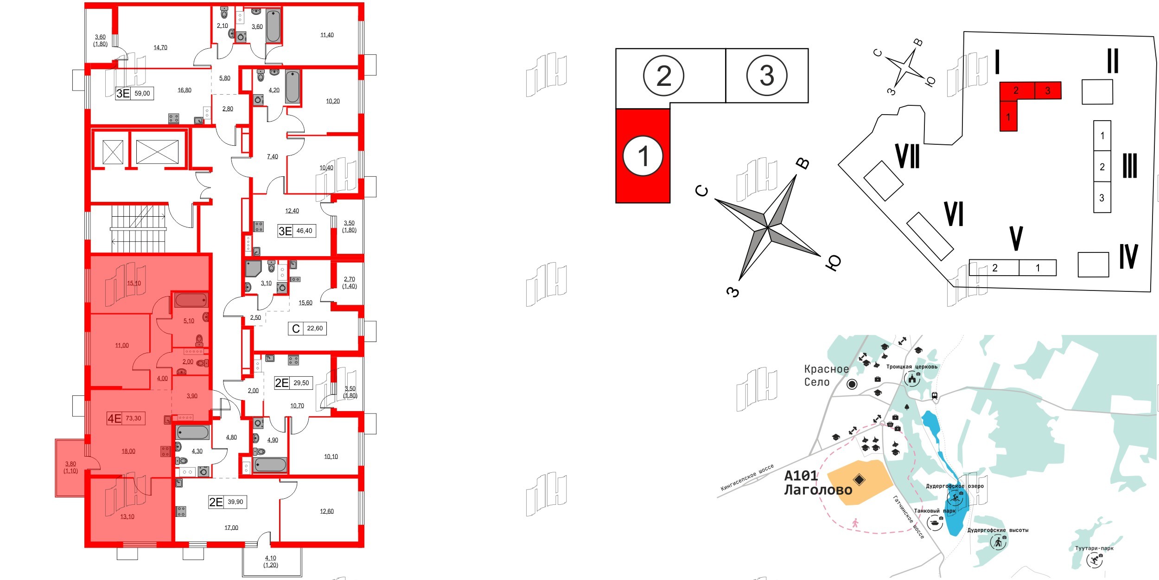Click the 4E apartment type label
[x=114, y=419]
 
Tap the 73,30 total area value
[x=134, y=419]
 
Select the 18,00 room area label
[x=128, y=451]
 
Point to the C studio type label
[x=296, y=329]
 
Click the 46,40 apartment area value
[x=304, y=231]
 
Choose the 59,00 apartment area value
[x=142, y=93]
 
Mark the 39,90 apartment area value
[x=236, y=502]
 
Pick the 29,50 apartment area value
[x=301, y=383]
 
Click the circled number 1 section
[x=643, y=156]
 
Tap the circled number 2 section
[x=663, y=76]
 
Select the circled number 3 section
[x=767, y=76]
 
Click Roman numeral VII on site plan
[x=907, y=156]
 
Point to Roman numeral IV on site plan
[x=1128, y=257]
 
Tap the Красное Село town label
[x=826, y=375]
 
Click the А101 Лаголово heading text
[x=818, y=483]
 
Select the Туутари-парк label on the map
[x=1094, y=548]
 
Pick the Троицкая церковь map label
[x=911, y=367]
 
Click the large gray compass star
[x=768, y=227]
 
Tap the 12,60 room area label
[x=326, y=512]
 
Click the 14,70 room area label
[x=160, y=48]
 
